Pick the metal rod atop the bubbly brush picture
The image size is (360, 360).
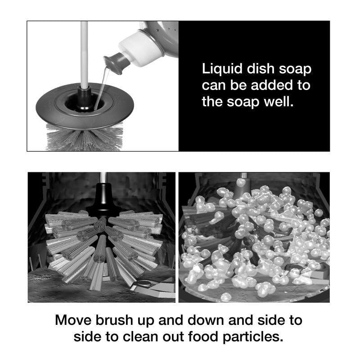point(243,176)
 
